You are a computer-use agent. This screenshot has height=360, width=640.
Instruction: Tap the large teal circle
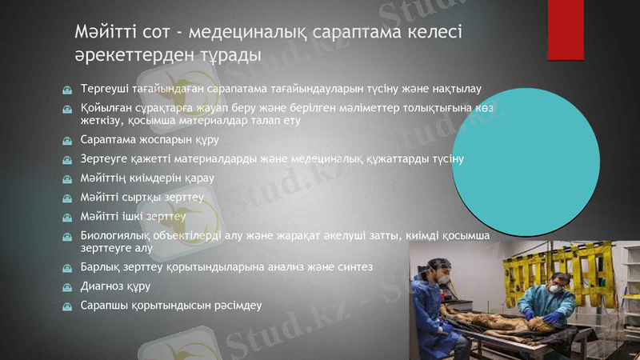[x=526, y=152]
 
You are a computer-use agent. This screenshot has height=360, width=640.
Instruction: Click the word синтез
[x=373, y=266]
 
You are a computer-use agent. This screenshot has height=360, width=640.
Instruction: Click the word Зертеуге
[x=106, y=158]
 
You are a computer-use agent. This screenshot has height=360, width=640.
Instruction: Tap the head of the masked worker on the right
[x=559, y=284]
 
